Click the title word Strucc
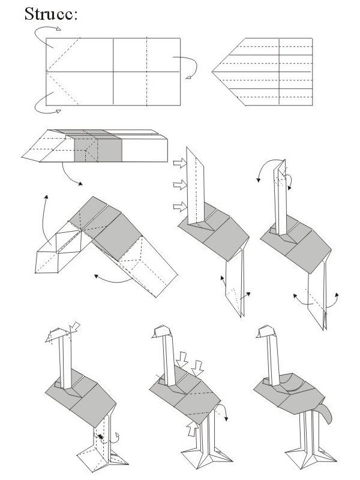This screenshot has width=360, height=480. pyautogui.click(x=50, y=14)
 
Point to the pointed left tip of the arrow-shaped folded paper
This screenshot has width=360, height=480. pyautogui.click(x=214, y=73)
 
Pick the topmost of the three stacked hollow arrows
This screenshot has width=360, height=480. pyautogui.click(x=179, y=163)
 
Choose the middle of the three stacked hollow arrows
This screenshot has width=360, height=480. pyautogui.click(x=179, y=184)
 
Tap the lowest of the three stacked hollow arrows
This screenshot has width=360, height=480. pyautogui.click(x=179, y=206)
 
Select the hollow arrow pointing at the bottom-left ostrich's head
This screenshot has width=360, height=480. pyautogui.click(x=75, y=325)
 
